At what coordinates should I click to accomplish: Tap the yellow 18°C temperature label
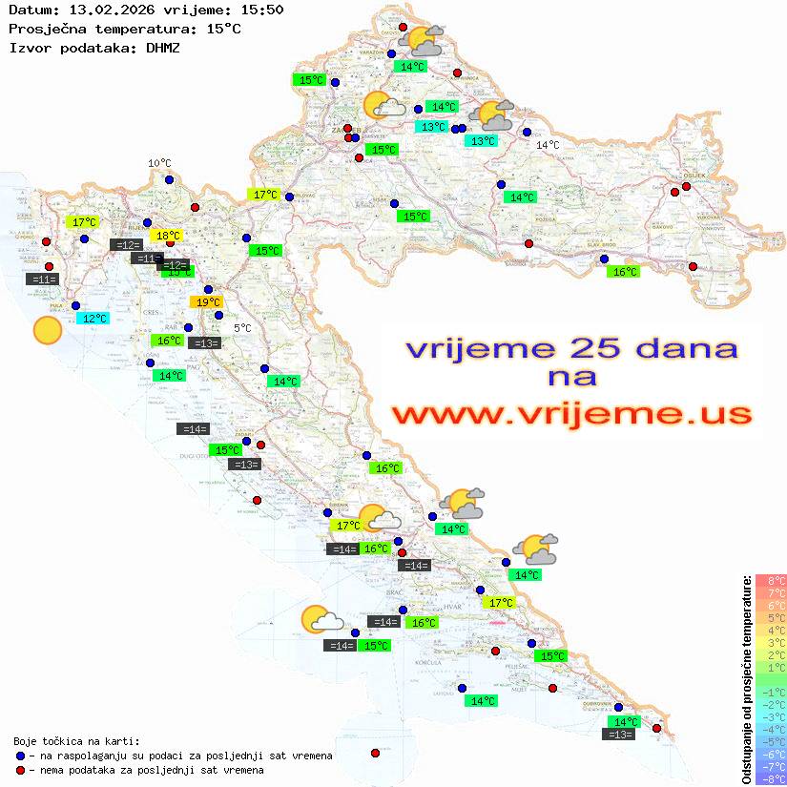[x=168, y=236]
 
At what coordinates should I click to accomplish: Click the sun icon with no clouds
[x=47, y=330]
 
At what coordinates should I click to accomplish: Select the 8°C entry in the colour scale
[x=771, y=581]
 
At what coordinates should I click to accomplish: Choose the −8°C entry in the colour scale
[x=771, y=778]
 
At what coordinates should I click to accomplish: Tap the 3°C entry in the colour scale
[x=771, y=643]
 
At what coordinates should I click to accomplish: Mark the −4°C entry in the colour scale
[x=771, y=729]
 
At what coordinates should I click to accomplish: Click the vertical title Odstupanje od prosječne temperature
[x=746, y=678]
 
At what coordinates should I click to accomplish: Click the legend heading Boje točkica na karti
[x=76, y=741]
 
